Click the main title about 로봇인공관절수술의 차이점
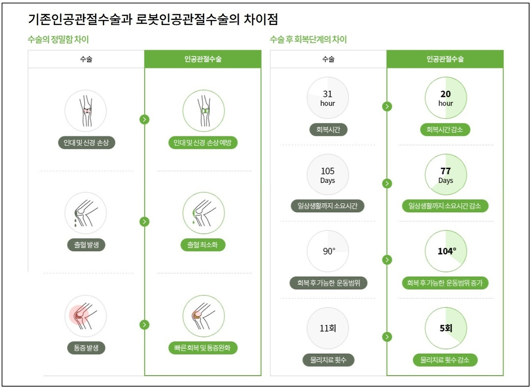(153, 20)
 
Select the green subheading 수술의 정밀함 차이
(58, 40)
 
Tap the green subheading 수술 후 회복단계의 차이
(308, 40)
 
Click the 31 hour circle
(328, 98)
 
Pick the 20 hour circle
(446, 98)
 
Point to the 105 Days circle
(328, 175)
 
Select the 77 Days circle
(446, 175)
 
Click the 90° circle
(328, 251)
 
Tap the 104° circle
(446, 251)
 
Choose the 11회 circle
(328, 328)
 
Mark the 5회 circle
(446, 328)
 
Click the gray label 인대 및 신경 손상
(86, 143)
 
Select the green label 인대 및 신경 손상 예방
(203, 143)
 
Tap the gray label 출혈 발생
(86, 245)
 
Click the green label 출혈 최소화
(203, 245)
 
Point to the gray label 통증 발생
(86, 348)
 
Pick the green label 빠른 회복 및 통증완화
(203, 348)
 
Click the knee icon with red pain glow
(85, 316)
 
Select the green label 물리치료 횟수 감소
(446, 360)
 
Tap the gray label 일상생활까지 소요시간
(328, 206)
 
